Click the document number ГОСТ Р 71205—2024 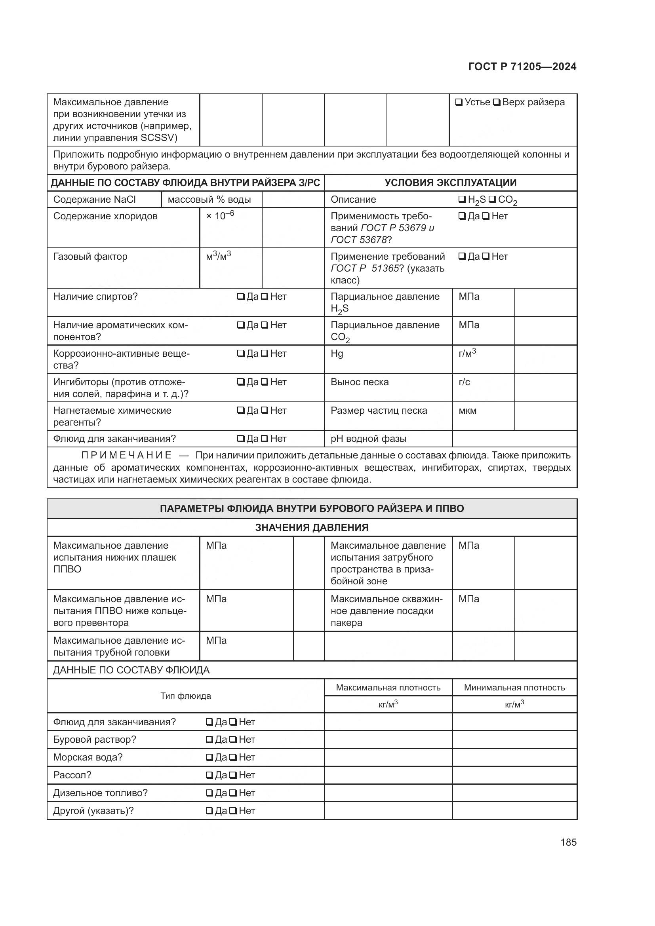(x=522, y=67)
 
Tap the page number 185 (x=568, y=842)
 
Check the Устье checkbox (x=459, y=103)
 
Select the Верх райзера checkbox (x=497, y=103)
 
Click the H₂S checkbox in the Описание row (x=462, y=200)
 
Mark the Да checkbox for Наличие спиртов (x=241, y=297)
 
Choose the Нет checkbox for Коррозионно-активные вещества (x=265, y=354)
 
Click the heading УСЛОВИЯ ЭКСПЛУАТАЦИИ (x=450, y=183)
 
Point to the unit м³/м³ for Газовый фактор (x=218, y=256)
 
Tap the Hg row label (x=337, y=354)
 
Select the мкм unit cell (x=467, y=411)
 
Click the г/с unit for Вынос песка (x=464, y=382)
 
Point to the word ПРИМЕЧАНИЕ (x=127, y=455)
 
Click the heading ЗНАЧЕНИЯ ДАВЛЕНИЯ (x=312, y=527)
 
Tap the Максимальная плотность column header (x=388, y=688)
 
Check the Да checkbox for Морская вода (x=209, y=757)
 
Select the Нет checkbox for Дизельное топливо (x=233, y=793)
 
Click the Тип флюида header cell (x=185, y=696)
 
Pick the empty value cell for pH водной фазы (x=514, y=439)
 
